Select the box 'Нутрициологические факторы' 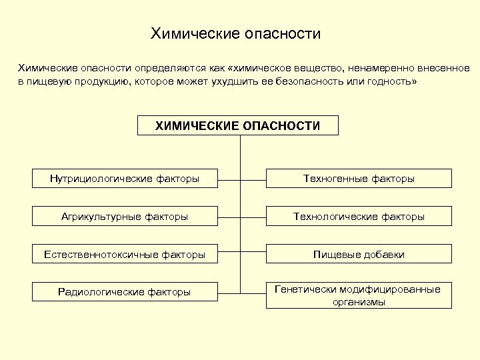[125, 179]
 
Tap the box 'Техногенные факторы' [359, 179]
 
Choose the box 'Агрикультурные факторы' [125, 216]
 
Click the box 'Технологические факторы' [359, 216]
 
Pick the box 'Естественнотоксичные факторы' [125, 254]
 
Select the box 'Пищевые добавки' [359, 254]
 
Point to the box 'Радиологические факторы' [125, 291]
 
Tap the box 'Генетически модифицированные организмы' [359, 295]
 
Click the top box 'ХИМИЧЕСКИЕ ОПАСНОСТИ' [237, 125]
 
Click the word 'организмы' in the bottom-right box [359, 301]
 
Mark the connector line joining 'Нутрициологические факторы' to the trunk [228, 179]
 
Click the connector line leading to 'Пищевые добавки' [252, 254]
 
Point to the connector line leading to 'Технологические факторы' [252, 216]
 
